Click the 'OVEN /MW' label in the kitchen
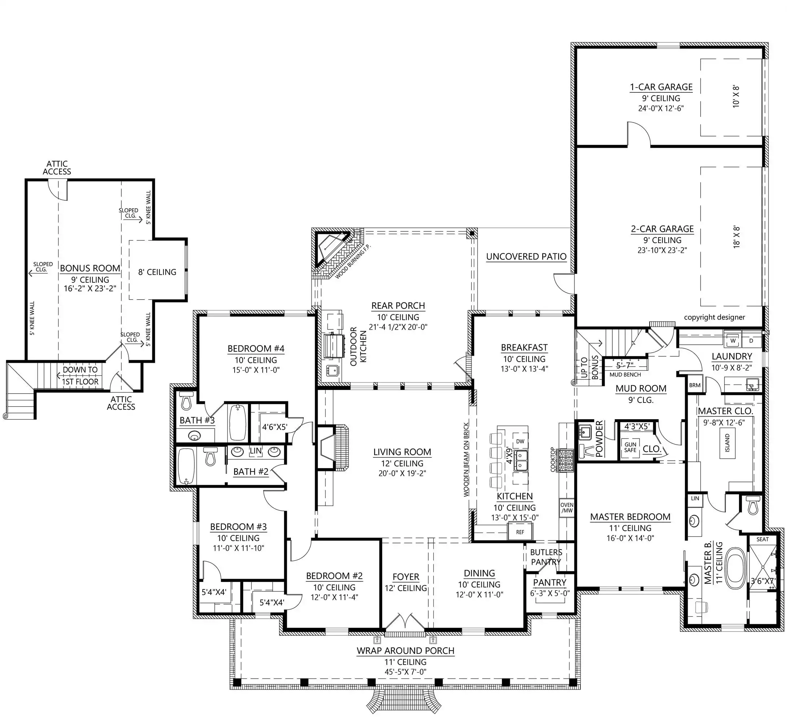point(567,508)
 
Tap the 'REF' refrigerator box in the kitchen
point(520,532)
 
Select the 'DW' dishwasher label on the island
point(520,441)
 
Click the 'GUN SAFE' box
point(630,447)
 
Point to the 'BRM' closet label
point(695,385)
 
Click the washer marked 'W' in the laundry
point(733,341)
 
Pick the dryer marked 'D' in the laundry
point(751,341)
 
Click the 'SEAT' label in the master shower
point(762,539)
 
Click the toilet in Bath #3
point(186,401)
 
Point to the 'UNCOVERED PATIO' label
point(526,257)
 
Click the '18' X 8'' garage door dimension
point(736,237)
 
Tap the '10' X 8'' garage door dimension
point(736,97)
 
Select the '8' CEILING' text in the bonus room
point(157,272)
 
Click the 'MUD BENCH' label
point(625,375)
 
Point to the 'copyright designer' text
point(714,317)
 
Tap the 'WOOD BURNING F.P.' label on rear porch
point(353,261)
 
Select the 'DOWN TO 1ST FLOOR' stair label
point(80,375)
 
